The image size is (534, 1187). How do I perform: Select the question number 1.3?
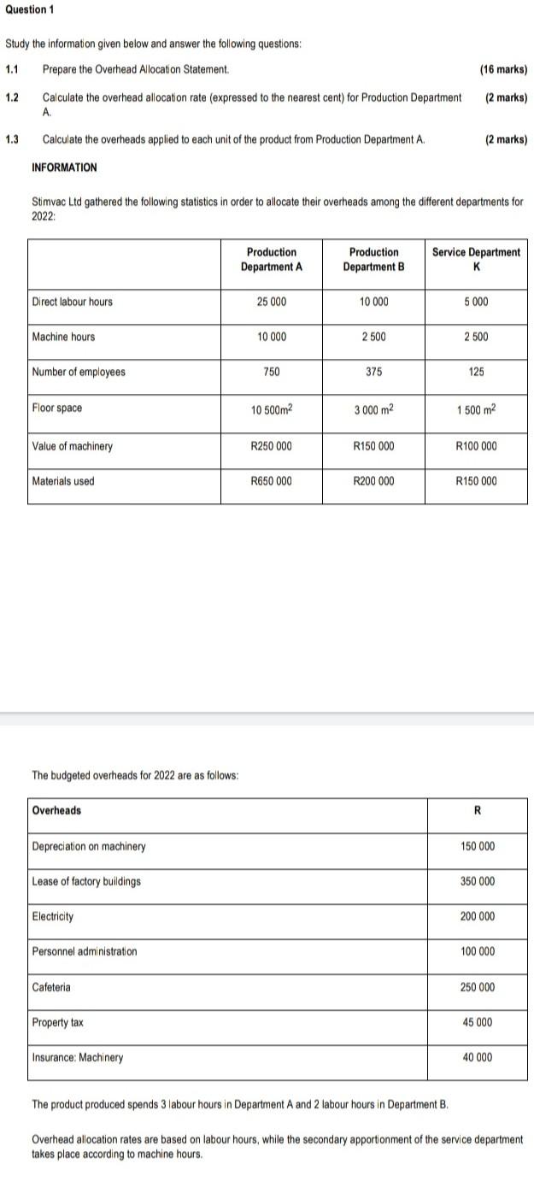(x=12, y=139)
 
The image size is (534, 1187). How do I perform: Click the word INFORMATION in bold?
(x=64, y=167)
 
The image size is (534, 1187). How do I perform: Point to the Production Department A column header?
(x=272, y=259)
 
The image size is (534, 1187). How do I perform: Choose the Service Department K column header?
(x=476, y=259)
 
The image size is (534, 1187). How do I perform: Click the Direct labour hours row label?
(x=72, y=302)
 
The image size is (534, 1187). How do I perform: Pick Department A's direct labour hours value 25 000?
(x=272, y=302)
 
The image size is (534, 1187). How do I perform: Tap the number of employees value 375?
(x=373, y=372)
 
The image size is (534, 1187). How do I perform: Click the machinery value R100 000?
(x=476, y=446)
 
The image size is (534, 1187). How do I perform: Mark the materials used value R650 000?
(x=272, y=481)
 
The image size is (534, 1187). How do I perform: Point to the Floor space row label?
(x=57, y=408)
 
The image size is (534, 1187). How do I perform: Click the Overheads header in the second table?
(x=56, y=810)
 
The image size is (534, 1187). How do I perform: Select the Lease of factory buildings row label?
(x=86, y=881)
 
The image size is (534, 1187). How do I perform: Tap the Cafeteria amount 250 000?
(x=477, y=987)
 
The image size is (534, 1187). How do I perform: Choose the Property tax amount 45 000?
(x=477, y=1022)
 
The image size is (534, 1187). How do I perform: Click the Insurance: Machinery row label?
(x=77, y=1057)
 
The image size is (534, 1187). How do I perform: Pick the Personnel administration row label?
(x=84, y=951)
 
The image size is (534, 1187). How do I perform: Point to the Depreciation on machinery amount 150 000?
(x=477, y=846)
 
